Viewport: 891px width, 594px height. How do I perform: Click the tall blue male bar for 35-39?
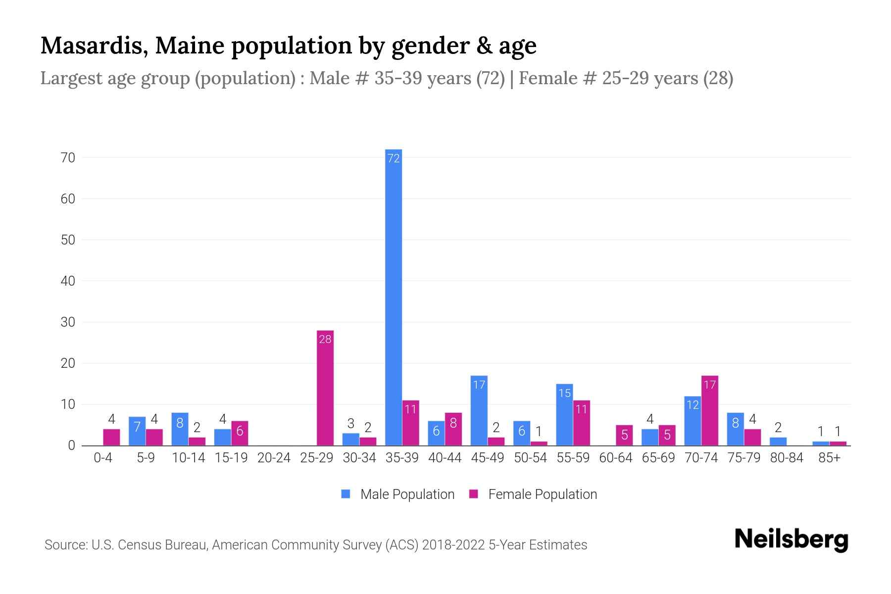[x=394, y=297]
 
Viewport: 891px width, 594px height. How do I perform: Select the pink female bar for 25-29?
[x=325, y=388]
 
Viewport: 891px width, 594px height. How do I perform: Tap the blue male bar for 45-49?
[x=479, y=411]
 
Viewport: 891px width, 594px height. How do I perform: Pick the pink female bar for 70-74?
[x=709, y=411]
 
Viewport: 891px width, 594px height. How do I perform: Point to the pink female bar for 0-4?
[x=111, y=437]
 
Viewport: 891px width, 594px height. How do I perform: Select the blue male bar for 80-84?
[x=778, y=442]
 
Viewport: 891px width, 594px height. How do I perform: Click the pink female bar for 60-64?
[x=624, y=435]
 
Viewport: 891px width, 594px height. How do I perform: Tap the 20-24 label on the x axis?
[x=274, y=458]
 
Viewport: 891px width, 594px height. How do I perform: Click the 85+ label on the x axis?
[x=829, y=458]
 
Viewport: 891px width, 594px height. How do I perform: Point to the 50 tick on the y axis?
[x=68, y=240]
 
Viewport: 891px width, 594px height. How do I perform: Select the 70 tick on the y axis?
[x=68, y=158]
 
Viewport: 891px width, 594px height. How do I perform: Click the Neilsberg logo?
[x=791, y=540]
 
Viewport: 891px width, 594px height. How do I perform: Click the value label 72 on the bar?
[x=394, y=158]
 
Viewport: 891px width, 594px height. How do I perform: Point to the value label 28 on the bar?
[x=325, y=340]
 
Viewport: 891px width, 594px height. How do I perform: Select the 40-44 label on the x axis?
[x=445, y=458]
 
